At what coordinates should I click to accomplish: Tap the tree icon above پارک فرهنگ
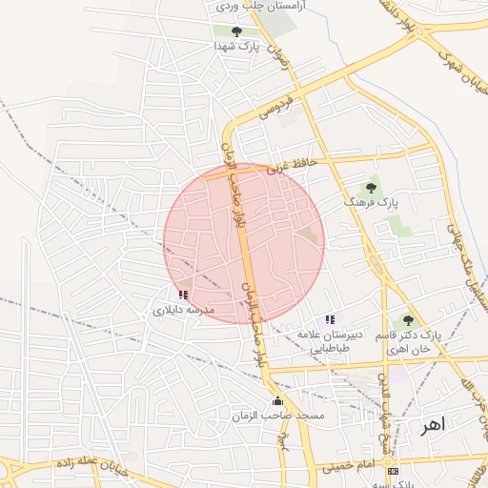click(370, 189)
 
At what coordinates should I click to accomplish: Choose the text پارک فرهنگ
click(370, 204)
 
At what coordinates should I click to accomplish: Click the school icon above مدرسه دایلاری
click(183, 295)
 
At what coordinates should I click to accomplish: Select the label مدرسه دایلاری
click(185, 310)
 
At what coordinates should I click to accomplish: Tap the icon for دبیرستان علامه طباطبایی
click(330, 319)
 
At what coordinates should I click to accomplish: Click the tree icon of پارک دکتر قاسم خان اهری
click(408, 320)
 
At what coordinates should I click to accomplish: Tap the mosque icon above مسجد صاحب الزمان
click(277, 401)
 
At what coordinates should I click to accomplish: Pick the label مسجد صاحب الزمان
click(277, 417)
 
